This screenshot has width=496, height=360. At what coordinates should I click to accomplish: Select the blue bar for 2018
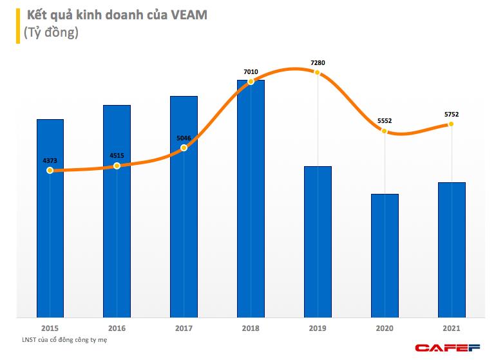point(251,200)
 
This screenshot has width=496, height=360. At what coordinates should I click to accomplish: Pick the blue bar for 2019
point(318,242)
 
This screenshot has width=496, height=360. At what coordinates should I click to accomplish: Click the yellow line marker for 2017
point(184,147)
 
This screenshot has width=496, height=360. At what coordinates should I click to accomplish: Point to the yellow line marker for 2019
point(318,73)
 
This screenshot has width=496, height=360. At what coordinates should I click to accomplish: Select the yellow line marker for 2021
point(452,124)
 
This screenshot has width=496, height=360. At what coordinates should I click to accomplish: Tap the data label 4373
point(50,160)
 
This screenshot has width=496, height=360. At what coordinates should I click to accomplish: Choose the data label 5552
point(385,120)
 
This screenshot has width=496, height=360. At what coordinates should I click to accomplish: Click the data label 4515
point(117,155)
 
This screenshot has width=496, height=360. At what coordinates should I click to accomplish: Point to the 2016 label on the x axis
point(117,328)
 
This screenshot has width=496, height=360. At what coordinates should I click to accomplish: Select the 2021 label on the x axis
point(452,328)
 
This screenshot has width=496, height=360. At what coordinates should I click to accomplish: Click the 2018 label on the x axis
point(251,328)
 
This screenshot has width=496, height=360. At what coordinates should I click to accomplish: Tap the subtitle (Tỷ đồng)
point(50,33)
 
